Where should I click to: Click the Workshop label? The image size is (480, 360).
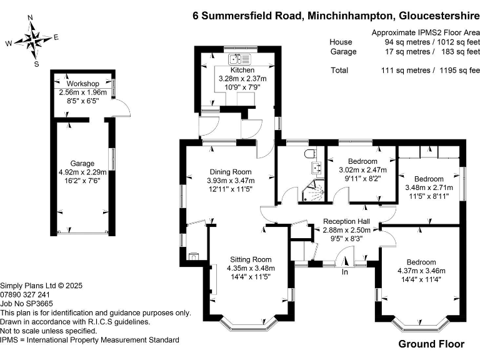[x=83, y=84]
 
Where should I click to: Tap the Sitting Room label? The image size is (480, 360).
[x=251, y=259]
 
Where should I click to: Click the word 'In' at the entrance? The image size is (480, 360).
[x=344, y=272]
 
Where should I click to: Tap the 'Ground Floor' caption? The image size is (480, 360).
[x=431, y=344]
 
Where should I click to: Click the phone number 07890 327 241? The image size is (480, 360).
[x=26, y=294]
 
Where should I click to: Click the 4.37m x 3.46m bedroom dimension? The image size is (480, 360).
[x=421, y=271]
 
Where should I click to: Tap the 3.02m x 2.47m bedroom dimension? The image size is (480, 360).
[x=362, y=169]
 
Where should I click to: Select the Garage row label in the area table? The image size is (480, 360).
[x=343, y=51]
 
